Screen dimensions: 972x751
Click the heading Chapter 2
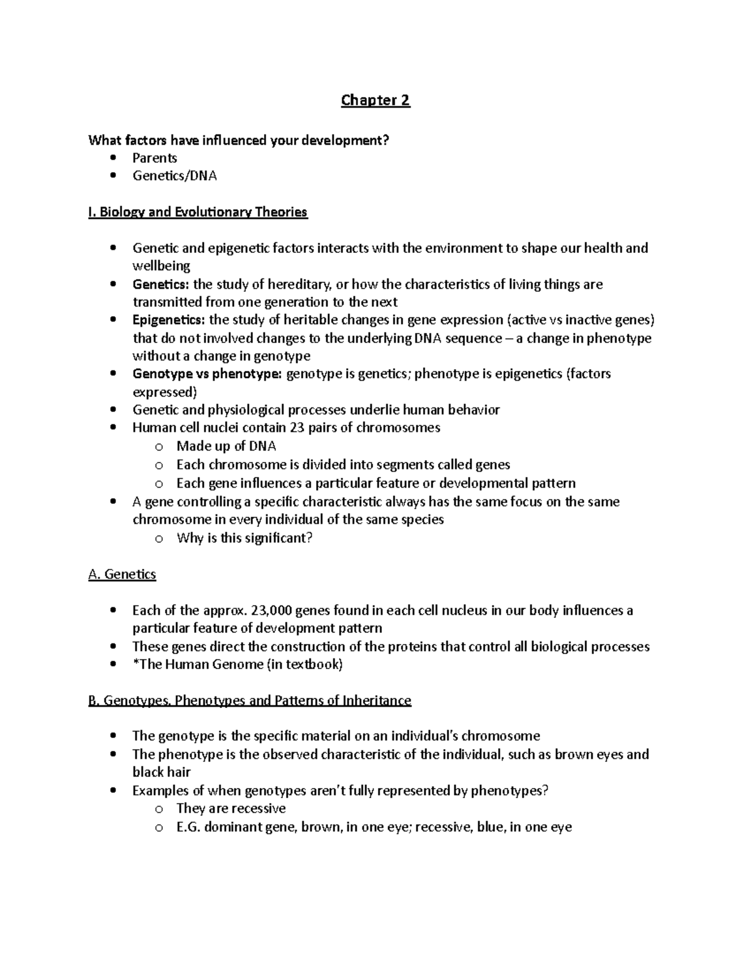click(x=375, y=101)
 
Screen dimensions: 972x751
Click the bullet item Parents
click(x=155, y=158)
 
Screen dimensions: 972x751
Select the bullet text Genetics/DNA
click(x=175, y=176)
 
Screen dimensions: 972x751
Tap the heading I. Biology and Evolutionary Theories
click(x=198, y=212)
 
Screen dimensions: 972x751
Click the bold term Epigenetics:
click(x=168, y=320)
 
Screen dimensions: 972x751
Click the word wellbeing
click(x=161, y=266)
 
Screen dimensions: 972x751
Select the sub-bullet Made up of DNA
click(x=226, y=446)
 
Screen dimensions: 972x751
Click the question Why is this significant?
click(x=244, y=538)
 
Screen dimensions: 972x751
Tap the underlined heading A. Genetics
click(x=123, y=575)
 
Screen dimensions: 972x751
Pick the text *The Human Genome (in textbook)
click(x=237, y=665)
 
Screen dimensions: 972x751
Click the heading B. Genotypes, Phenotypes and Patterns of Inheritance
click(x=250, y=700)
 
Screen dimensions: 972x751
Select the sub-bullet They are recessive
click(x=231, y=809)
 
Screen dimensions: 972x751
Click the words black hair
click(x=161, y=772)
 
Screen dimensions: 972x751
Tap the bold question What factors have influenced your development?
click(x=238, y=140)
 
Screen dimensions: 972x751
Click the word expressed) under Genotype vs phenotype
click(x=165, y=392)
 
